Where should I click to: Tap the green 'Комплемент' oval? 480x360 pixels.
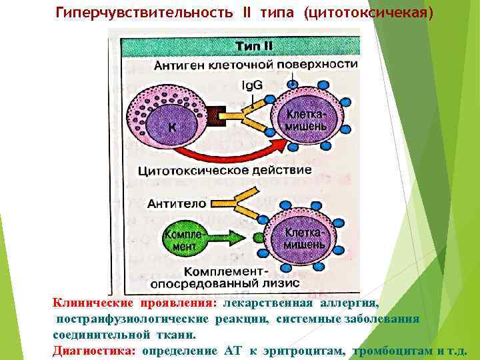(180, 238)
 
